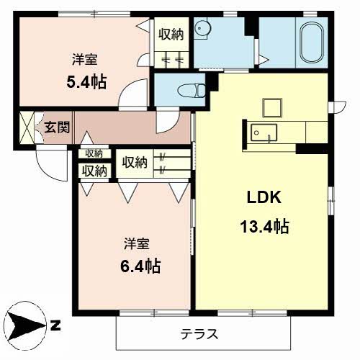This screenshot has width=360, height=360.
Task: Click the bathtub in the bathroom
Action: [311, 42]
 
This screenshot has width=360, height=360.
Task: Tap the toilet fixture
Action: [192, 91]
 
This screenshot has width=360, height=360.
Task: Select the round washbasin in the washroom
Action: [202, 29]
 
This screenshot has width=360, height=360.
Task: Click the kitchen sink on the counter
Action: [264, 132]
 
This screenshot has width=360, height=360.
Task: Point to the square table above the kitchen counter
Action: [272, 107]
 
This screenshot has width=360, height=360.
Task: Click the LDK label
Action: [264, 197]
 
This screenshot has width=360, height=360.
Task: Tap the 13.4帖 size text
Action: [264, 226]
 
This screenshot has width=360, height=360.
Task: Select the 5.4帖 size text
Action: [86, 82]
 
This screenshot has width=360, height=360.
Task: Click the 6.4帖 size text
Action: [140, 266]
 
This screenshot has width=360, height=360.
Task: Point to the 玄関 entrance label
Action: [57, 127]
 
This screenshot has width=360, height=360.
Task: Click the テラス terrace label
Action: [199, 334]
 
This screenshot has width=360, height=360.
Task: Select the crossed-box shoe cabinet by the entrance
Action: [27, 127]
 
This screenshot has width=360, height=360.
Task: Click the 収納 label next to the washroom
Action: [171, 35]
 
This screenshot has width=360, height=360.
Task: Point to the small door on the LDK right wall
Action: [338, 108]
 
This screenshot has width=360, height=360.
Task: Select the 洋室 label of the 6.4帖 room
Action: [137, 243]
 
